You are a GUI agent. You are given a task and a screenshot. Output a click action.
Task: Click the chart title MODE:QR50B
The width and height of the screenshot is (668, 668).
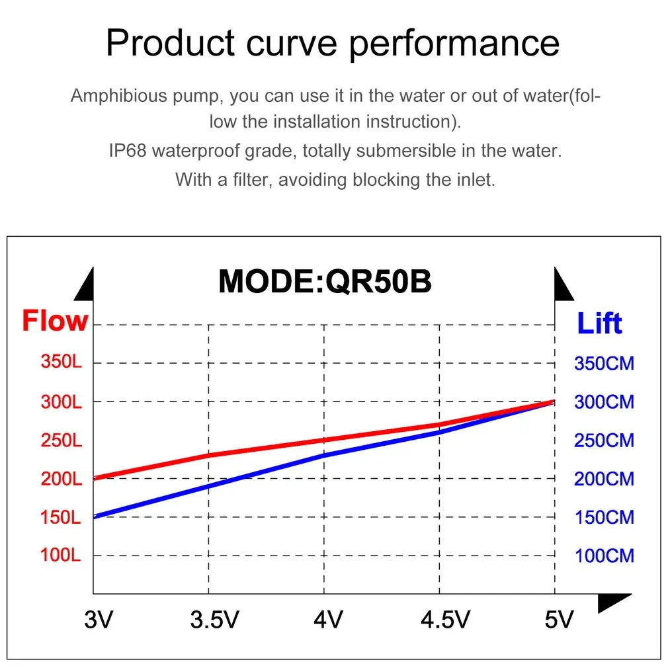325,281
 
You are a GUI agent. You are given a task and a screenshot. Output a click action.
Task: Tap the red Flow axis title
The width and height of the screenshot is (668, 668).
55,321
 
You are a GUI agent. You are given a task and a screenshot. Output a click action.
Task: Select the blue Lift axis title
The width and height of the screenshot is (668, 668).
599,324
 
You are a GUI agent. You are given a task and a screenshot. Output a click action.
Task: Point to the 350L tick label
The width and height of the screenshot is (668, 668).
62,362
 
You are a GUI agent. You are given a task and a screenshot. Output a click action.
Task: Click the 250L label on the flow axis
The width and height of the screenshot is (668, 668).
62,440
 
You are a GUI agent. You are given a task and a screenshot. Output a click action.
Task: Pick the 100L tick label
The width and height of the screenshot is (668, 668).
61,555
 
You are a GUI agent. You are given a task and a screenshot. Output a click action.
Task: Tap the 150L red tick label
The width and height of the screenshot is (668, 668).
61,517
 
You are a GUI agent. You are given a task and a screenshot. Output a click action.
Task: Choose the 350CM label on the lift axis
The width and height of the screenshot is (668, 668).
604,363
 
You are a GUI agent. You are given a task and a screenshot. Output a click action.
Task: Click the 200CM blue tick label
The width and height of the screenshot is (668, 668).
604,479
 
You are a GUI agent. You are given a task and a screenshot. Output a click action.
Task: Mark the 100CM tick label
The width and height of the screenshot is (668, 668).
604,556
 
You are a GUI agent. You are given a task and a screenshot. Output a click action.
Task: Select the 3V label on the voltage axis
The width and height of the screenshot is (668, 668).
99,620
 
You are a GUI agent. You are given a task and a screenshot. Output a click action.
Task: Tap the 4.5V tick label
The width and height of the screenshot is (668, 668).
445,620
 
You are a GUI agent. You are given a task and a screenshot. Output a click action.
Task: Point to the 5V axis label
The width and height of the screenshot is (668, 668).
558,620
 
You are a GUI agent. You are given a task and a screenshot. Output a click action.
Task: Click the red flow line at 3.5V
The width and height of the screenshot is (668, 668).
209,455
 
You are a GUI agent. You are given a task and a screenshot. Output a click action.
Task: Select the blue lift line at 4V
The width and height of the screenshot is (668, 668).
324,455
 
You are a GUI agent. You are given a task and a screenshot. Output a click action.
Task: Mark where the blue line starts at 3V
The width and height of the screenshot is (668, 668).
95,517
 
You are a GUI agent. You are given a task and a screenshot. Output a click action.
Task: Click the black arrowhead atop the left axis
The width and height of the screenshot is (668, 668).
85,285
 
